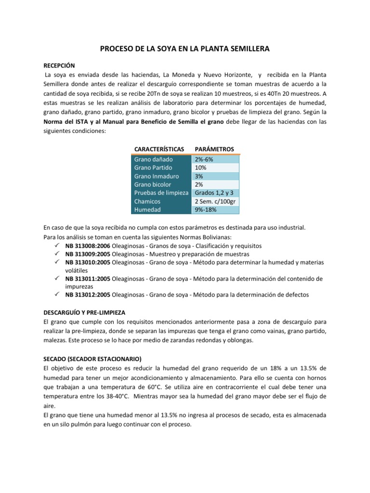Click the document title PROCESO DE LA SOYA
tap(185, 49)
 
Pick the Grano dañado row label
tap(153, 159)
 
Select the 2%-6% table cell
tap(205, 159)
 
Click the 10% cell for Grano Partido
tap(201, 168)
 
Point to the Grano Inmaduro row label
tap(157, 176)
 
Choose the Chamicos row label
tap(147, 202)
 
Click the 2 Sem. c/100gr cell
tap(215, 202)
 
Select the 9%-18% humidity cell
tap(206, 210)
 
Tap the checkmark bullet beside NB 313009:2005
tap(57, 253)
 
